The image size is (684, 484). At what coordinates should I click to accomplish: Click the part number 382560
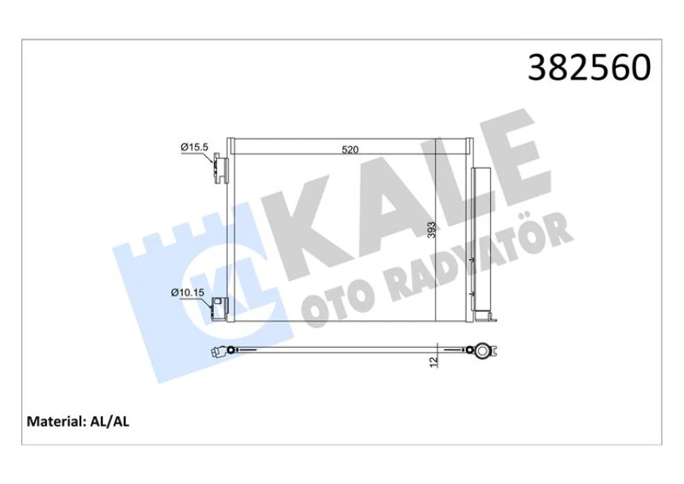589,68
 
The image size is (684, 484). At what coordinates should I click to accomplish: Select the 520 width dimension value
349,149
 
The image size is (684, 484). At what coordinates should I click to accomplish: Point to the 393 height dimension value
430,230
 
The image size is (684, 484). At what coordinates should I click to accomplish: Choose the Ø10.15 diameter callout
188,293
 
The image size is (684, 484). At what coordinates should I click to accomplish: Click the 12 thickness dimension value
433,361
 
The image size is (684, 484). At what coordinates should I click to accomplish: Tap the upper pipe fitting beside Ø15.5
220,169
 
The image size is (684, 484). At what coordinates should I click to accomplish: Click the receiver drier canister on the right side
481,239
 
